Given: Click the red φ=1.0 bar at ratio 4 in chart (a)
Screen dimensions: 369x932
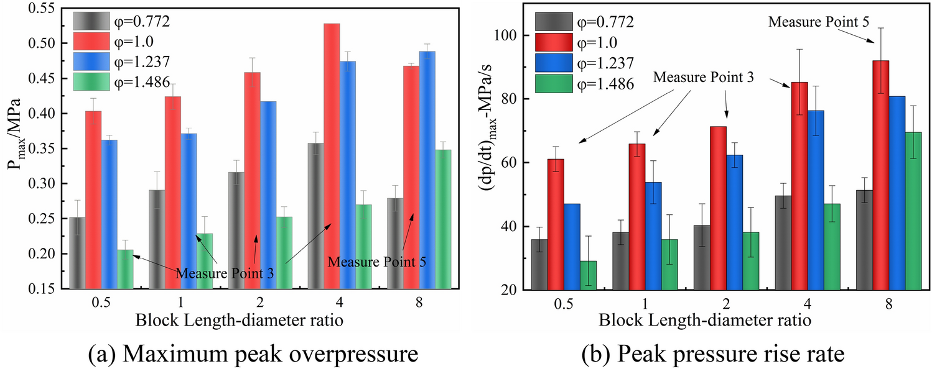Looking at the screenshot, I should point(332,155).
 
